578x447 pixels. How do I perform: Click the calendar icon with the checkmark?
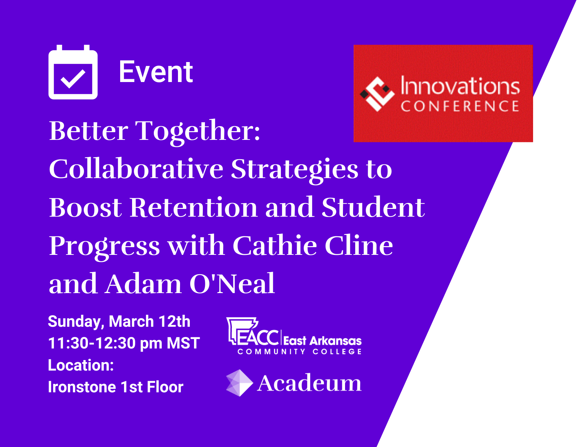[73, 72]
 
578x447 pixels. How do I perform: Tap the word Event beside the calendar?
[156, 72]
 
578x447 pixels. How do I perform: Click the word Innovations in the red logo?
[460, 86]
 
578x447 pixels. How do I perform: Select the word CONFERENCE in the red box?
[460, 106]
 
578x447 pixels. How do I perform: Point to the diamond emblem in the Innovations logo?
[377, 94]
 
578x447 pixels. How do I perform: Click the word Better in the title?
[89, 131]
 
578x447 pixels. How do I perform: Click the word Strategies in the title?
[295, 171]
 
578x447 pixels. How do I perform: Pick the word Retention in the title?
[194, 208]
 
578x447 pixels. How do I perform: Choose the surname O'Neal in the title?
[232, 283]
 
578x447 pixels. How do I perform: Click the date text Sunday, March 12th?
[119, 321]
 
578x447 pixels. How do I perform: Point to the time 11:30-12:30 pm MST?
[124, 343]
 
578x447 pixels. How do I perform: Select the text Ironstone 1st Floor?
[116, 387]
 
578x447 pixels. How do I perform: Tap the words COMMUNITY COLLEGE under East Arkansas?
[300, 351]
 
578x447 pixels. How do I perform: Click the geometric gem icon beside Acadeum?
[239, 383]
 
